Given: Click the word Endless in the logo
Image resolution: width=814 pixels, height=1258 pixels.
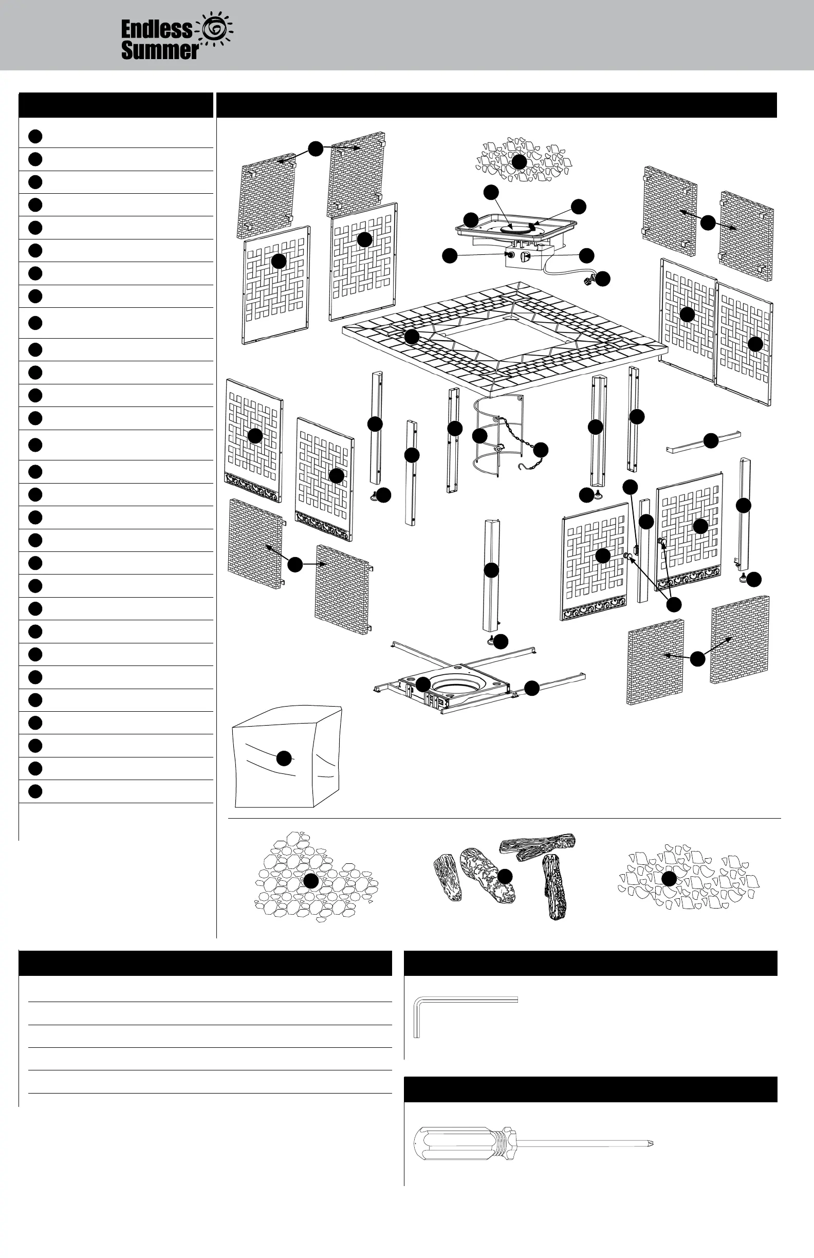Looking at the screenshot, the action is click(156, 29).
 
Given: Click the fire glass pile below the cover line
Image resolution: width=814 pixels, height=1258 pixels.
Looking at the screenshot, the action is click(687, 877).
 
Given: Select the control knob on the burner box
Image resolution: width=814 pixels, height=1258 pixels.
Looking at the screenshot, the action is click(525, 257).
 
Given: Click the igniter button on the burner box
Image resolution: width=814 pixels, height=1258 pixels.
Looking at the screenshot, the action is click(511, 255).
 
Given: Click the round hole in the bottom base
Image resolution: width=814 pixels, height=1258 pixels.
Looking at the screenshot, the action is click(457, 687).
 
